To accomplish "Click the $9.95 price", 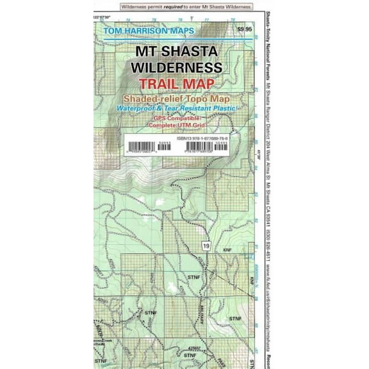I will coord(244,29).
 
